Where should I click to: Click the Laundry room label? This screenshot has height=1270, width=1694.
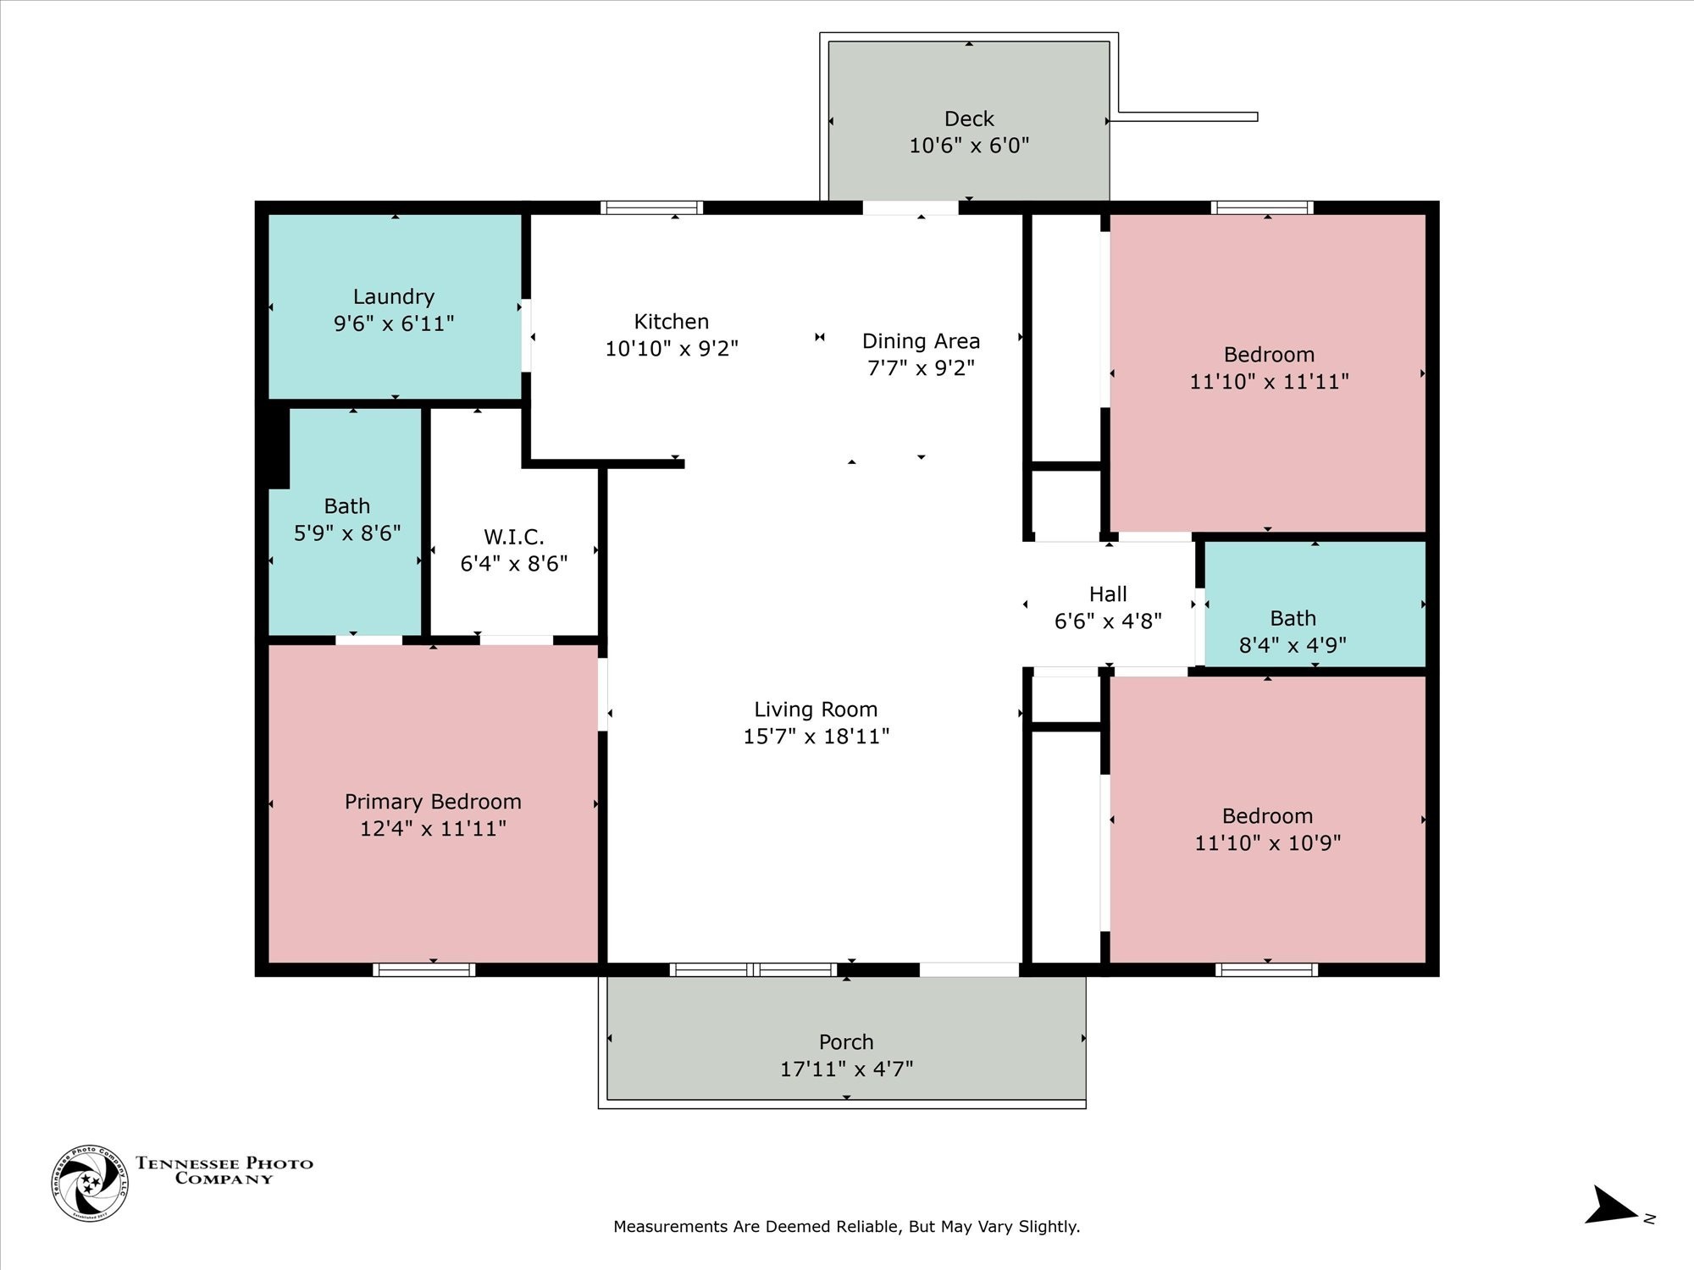point(394,297)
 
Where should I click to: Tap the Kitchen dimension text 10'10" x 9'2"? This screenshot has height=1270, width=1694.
point(672,349)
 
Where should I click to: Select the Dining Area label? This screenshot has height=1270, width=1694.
point(921,341)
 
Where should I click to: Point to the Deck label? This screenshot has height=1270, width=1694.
point(969,119)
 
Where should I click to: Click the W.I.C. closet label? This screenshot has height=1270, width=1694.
point(513,537)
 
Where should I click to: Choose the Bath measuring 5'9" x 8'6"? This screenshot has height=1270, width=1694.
point(347,519)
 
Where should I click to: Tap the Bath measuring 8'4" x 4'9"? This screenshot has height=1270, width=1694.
point(1293,631)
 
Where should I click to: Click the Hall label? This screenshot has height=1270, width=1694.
point(1108,594)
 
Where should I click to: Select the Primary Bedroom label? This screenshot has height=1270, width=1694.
point(433,802)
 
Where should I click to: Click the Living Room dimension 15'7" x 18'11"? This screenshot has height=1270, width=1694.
point(816,737)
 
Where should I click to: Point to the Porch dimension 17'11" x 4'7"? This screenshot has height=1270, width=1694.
point(846,1069)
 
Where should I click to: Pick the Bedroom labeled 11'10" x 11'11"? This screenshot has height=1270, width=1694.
point(1269,367)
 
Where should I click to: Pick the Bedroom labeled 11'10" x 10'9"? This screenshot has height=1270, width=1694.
point(1267,829)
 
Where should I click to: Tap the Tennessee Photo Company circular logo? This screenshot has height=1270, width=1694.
point(90,1183)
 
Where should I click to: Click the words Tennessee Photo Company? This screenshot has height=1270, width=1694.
point(224,1170)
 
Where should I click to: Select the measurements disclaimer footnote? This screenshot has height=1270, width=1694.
point(846,1227)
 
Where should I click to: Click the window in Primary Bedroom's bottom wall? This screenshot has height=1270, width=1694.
point(423,969)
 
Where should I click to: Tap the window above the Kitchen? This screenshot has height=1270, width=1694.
point(651,207)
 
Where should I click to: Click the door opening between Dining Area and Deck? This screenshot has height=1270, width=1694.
point(911,207)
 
